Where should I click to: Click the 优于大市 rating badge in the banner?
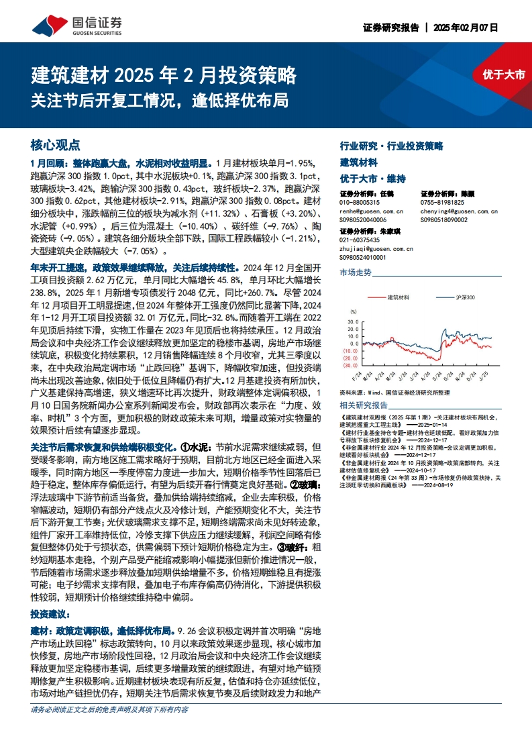503,74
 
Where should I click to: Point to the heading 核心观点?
56,145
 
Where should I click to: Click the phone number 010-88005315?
360,202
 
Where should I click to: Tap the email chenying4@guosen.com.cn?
459,211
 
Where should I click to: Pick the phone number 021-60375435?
360,240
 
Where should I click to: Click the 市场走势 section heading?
356,272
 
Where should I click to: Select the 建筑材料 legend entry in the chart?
398,297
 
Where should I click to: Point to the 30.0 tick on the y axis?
353,321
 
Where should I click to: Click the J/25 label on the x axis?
485,373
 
